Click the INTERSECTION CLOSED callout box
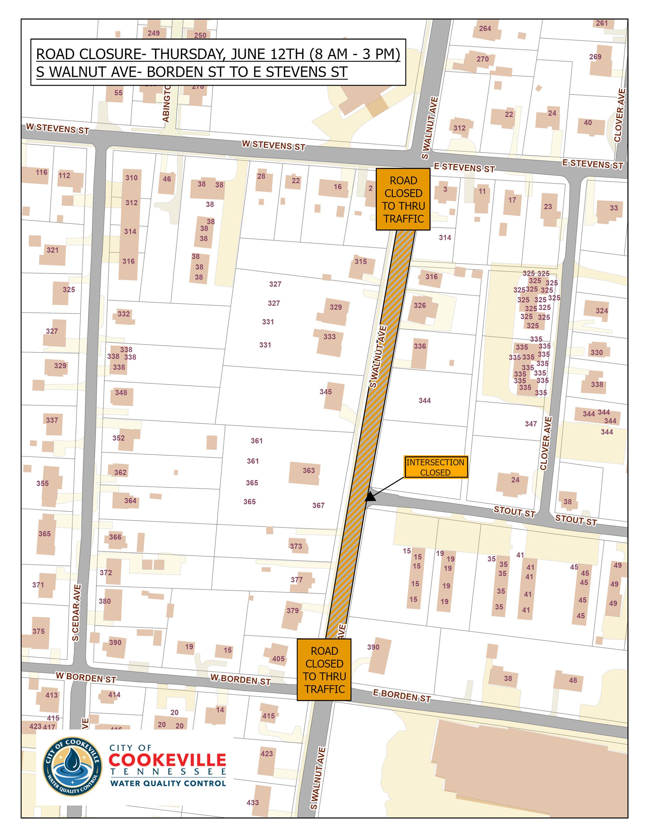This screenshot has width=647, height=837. [x=435, y=467]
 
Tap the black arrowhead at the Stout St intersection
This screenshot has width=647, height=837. [x=369, y=497]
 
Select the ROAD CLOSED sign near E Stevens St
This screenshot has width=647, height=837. [x=403, y=199]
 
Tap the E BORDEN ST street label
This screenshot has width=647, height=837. [x=402, y=696]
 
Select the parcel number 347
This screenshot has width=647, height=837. [x=530, y=424]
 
